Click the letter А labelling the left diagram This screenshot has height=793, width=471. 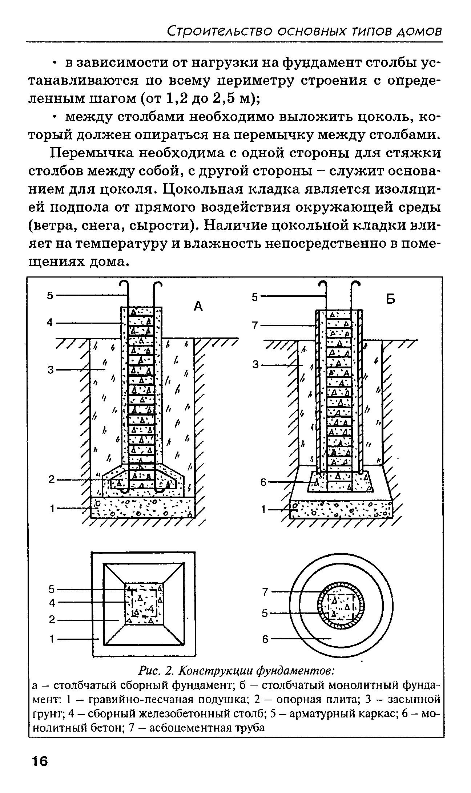point(198,307)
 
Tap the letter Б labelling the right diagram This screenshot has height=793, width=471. point(390,300)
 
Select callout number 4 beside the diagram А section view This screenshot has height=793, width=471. point(49,323)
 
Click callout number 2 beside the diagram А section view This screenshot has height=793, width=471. point(52,480)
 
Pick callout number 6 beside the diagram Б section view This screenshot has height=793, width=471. point(264,482)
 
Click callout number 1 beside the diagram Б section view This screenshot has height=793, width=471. point(264,510)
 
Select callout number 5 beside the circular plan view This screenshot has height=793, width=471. point(265,614)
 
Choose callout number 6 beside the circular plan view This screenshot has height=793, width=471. point(265,640)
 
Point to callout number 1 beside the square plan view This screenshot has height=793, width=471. point(52,638)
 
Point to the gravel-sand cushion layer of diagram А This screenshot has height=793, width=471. point(142,507)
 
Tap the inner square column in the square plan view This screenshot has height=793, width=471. point(144,604)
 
